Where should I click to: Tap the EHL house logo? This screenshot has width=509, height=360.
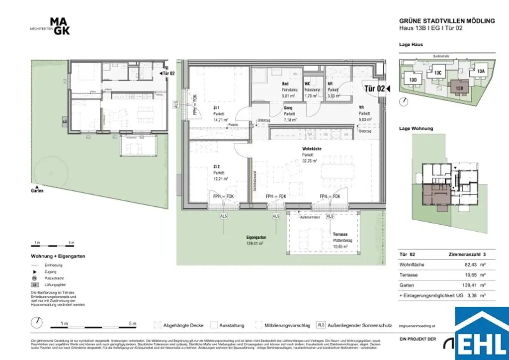(482, 333)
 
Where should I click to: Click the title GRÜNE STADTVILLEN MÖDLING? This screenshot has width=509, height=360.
(447, 21)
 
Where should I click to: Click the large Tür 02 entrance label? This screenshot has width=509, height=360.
(375, 89)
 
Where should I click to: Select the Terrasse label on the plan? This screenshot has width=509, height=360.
(340, 234)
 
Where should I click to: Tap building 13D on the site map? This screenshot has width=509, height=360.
(413, 80)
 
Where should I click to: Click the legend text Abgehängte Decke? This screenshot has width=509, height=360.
(184, 325)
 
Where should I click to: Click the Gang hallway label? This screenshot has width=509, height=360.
(288, 108)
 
